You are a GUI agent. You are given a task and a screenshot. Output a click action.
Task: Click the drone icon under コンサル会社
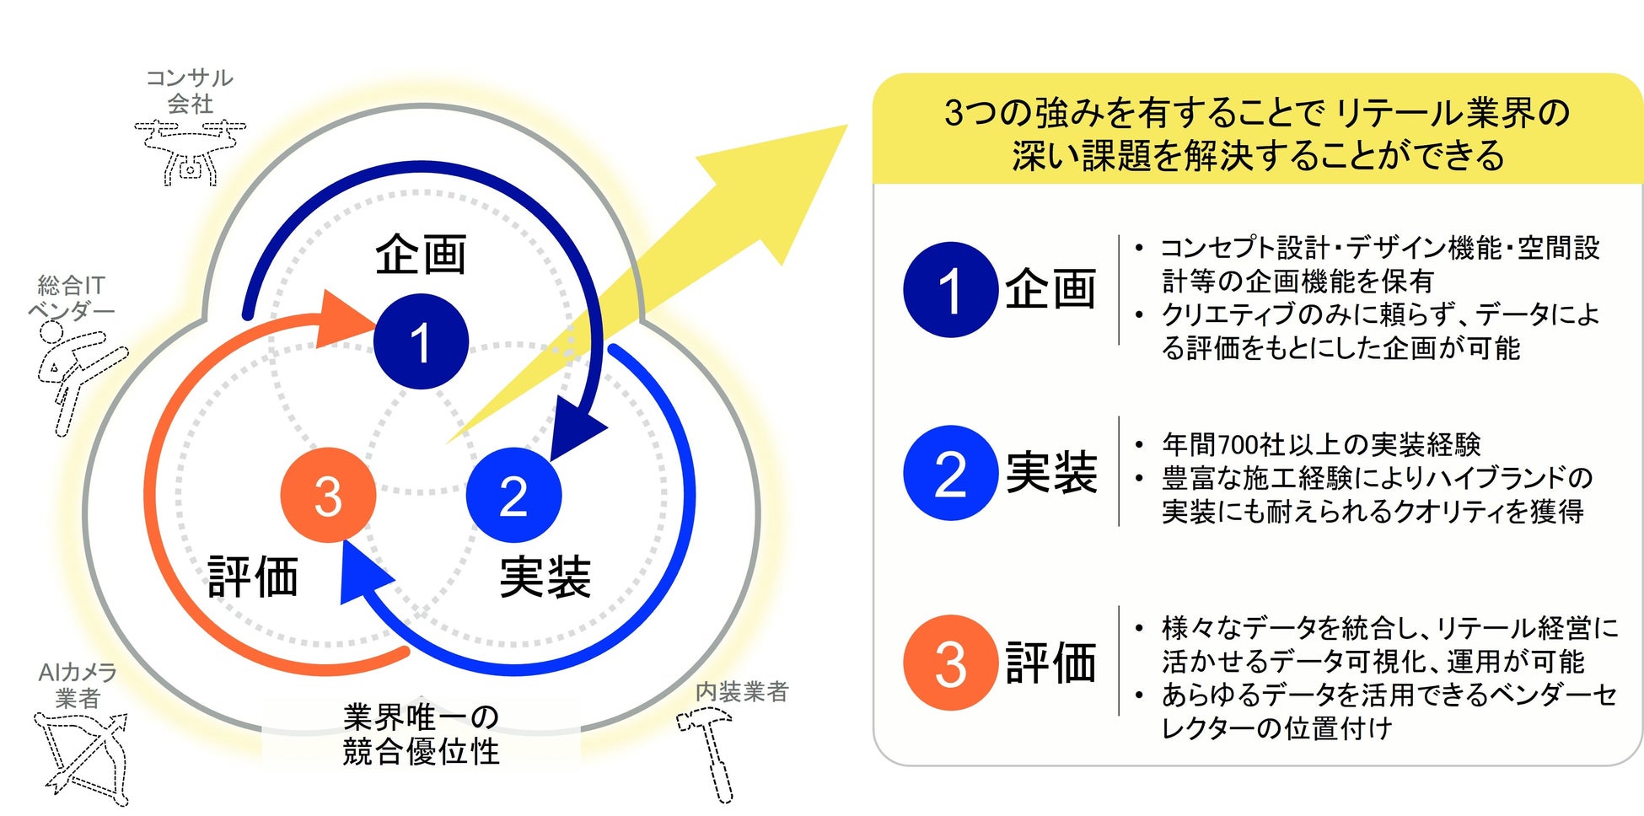coord(190,152)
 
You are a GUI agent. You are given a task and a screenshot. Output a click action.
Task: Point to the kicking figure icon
coord(76,371)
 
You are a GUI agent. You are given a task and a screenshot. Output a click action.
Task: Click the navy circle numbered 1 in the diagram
coord(421,341)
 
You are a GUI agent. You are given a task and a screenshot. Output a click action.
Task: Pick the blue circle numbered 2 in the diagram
coord(513,495)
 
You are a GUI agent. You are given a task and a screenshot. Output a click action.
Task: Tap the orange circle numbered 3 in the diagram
coord(328,495)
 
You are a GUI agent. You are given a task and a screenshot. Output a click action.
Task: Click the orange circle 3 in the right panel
coord(950,663)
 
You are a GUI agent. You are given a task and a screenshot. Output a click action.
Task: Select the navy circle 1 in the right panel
coord(950,290)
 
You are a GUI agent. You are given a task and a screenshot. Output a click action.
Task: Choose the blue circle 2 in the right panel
coord(950,473)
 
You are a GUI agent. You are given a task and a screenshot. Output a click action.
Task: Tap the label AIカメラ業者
coord(78,684)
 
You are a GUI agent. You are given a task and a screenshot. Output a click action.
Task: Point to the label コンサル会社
coord(190,90)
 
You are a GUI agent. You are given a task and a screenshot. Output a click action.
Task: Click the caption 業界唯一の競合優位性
coord(421,734)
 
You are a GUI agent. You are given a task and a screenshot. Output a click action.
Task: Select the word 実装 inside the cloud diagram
coord(545,577)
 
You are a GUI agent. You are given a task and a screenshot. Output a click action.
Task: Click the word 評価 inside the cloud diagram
coord(254,577)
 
